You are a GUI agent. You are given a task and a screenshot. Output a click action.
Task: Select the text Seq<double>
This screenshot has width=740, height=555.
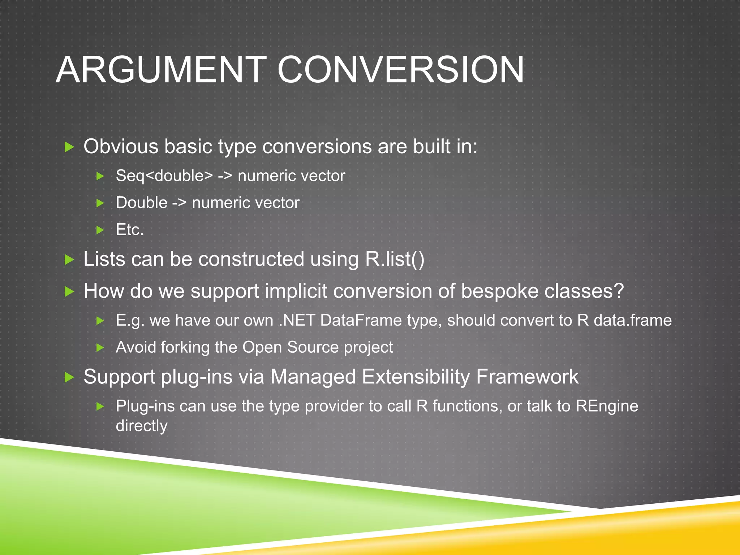(164, 176)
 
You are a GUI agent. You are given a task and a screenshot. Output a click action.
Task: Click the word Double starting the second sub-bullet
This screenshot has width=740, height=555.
(142, 203)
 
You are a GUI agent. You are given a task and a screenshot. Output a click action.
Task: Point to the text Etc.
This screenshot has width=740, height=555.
(129, 229)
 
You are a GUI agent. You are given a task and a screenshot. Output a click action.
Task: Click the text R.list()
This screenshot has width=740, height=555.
(395, 259)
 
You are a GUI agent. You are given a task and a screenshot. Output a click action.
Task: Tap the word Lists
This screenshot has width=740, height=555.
(104, 259)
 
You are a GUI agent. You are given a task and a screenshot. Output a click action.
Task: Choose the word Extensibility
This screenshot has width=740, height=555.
(416, 377)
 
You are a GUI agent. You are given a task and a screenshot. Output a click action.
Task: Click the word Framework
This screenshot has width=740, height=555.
(527, 377)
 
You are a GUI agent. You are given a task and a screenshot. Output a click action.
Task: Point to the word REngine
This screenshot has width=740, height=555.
(607, 406)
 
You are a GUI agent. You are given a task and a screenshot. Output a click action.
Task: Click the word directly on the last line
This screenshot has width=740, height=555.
(141, 426)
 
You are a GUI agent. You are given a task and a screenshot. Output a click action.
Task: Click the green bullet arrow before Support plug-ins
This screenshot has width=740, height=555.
(69, 378)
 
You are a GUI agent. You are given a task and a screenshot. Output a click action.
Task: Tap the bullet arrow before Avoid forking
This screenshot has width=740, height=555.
(100, 348)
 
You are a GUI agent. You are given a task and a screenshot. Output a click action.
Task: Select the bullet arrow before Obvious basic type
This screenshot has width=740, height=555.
(69, 147)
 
